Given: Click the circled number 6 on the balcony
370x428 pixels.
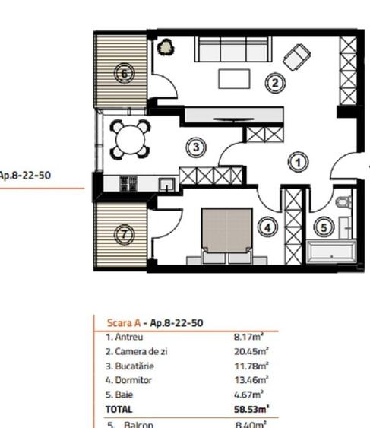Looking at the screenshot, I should pyautogui.click(x=124, y=74).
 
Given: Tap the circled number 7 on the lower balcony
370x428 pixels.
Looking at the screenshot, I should pyautogui.click(x=124, y=235).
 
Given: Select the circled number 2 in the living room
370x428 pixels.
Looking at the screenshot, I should pyautogui.click(x=274, y=84).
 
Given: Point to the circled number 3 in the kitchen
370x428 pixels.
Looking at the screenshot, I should pyautogui.click(x=196, y=147).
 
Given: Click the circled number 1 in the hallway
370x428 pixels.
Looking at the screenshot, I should pyautogui.click(x=299, y=162).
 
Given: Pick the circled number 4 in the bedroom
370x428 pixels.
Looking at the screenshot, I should pyautogui.click(x=265, y=226).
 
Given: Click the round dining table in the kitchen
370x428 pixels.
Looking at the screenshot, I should pyautogui.click(x=130, y=139).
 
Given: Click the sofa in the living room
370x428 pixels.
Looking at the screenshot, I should pyautogui.click(x=233, y=51).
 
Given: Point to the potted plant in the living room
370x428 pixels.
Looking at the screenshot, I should pyautogui.click(x=165, y=48).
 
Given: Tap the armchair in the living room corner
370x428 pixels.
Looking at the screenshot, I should pyautogui.click(x=296, y=55).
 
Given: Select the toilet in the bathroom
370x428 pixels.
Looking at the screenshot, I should pyautogui.click(x=343, y=202).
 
